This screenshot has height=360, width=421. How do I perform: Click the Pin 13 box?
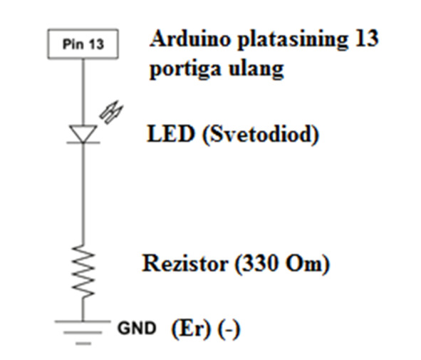(83, 43)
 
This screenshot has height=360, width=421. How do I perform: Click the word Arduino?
(190, 38)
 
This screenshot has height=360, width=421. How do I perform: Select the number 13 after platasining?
(366, 38)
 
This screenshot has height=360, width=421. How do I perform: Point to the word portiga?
(185, 70)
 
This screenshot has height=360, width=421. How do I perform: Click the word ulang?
(256, 69)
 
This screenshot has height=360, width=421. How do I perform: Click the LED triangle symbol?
(83, 134)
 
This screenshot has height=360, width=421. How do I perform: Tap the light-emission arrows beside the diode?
(111, 113)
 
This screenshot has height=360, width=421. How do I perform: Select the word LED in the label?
(171, 133)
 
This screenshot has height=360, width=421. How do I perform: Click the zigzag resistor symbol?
(83, 271)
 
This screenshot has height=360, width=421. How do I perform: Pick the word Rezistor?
(185, 263)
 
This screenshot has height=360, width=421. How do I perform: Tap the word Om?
(303, 263)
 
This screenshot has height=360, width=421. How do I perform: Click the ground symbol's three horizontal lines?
(83, 332)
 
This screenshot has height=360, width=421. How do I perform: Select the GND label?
(137, 329)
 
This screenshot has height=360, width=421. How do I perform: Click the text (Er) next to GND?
(191, 329)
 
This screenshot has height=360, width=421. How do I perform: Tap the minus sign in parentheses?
(229, 329)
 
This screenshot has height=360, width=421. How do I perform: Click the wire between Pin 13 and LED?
(83, 92)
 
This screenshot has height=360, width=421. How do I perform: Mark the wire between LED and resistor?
(83, 194)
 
